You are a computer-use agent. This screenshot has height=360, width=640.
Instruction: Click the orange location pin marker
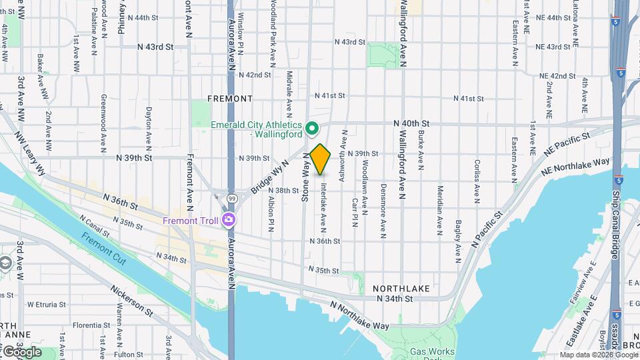click(320, 159)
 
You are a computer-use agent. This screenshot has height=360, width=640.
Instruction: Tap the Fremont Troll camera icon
click(229, 219)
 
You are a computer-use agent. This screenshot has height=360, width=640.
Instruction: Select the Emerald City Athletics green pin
click(311, 127)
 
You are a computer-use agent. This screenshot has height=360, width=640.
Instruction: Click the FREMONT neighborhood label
click(230, 99)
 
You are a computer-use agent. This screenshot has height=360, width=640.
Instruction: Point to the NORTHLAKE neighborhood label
click(401, 288)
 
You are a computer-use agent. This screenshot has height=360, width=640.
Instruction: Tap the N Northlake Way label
click(360, 315)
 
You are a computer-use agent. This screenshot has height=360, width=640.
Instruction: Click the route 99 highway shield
click(231, 198)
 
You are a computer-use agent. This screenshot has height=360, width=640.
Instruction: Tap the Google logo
click(21, 351)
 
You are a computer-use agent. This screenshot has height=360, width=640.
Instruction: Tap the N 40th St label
click(411, 123)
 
